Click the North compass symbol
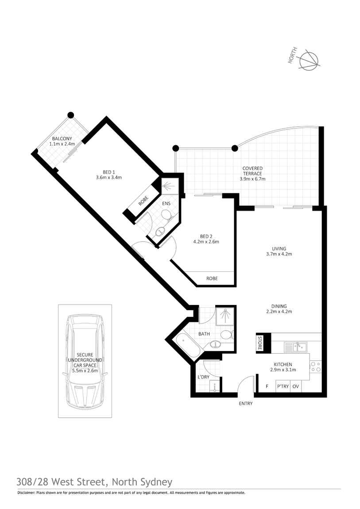click(310, 60)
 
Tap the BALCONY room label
click(62, 139)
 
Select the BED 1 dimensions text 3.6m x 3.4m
click(109, 177)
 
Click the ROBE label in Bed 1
click(143, 201)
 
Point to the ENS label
click(166, 204)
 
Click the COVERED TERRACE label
click(252, 171)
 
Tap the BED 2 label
click(206, 236)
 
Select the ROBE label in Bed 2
click(212, 278)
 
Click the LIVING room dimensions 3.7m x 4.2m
click(279, 254)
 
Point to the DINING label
click(279, 306)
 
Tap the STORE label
click(259, 343)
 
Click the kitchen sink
click(295, 347)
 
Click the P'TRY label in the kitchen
click(283, 386)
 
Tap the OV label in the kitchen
click(296, 386)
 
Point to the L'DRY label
click(204, 377)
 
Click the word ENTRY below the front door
click(246, 404)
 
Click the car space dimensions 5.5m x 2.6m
click(85, 370)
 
